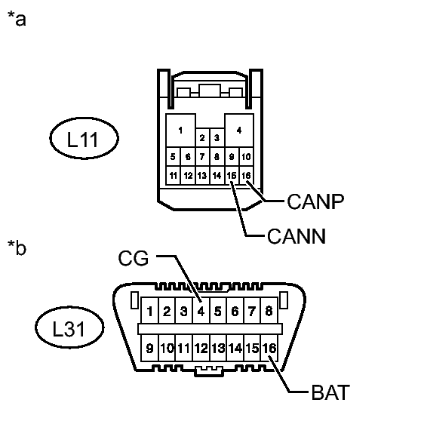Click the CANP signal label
tap(315, 201)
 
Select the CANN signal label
tap(297, 236)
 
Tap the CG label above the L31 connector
tap(134, 258)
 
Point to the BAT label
tap(330, 392)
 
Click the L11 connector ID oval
tap(84, 138)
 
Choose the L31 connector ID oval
tap(69, 327)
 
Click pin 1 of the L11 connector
tap(180, 131)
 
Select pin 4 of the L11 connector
tap(239, 131)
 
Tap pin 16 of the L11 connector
tap(246, 176)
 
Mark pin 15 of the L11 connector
tap(232, 176)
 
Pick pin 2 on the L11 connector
tap(202, 138)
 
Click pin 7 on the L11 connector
tap(202, 156)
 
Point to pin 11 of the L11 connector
tap(174, 176)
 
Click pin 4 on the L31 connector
tap(201, 311)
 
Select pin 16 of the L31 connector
tap(269, 349)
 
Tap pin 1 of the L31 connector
tap(150, 311)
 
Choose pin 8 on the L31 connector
tap(269, 311)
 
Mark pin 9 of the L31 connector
tap(150, 349)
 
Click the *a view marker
tap(17, 19)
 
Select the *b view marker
tap(17, 247)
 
